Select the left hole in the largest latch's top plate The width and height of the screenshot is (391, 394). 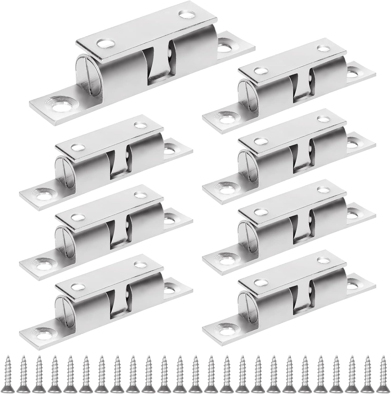107,43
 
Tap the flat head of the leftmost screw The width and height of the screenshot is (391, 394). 8,389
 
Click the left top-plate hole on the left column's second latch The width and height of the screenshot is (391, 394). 77,217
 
